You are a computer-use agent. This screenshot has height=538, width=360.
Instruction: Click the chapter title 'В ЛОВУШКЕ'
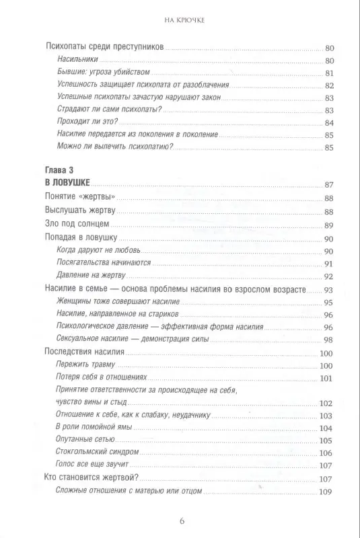pyautogui.click(x=65, y=184)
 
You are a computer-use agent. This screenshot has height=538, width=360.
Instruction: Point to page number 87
pyautogui.click(x=329, y=185)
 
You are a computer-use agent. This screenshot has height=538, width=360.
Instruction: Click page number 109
pyautogui.click(x=327, y=493)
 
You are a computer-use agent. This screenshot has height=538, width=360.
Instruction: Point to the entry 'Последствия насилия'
pyautogui.click(x=85, y=352)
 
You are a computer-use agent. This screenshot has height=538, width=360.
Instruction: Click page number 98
pyautogui.click(x=329, y=339)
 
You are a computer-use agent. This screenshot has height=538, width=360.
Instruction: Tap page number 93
pyautogui.click(x=329, y=289)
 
